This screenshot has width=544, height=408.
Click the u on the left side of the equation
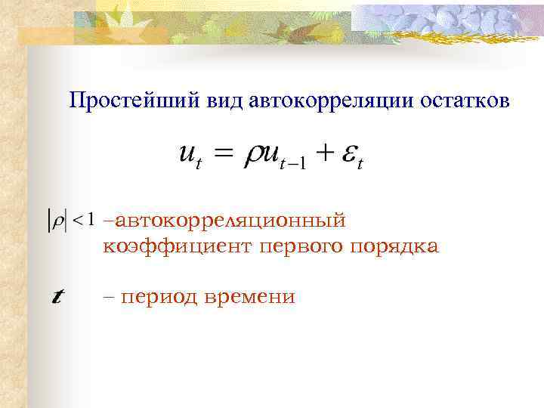pyautogui.click(x=186, y=155)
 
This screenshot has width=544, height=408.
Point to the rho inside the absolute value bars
pyautogui.click(x=57, y=221)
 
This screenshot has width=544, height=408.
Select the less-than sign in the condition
pyautogui.click(x=77, y=221)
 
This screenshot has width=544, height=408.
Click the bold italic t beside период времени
pyautogui.click(x=56, y=297)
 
